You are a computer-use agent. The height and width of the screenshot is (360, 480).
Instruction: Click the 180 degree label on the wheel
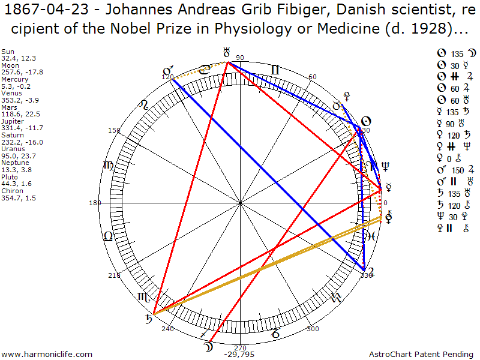point(95,203)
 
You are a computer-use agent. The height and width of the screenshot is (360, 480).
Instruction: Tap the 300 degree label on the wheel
point(313,329)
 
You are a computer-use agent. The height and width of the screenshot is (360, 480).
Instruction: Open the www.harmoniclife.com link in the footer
point(47,355)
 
